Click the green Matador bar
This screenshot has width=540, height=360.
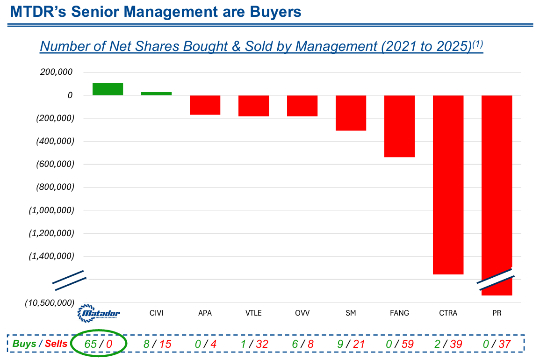[108, 89]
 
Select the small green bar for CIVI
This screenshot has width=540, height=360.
[156, 94]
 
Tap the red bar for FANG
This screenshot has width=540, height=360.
[399, 126]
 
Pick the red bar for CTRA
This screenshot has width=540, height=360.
[448, 185]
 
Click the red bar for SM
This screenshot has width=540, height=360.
[351, 113]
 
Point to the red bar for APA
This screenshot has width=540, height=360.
[205, 105]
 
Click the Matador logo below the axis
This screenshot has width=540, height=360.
[99, 313]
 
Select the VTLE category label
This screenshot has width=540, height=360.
[253, 313]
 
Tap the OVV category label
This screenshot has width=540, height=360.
[302, 313]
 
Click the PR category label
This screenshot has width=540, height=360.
[497, 313]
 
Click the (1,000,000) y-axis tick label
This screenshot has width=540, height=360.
[51, 210]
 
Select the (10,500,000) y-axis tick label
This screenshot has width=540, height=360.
[50, 303]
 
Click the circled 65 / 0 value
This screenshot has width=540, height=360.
[98, 344]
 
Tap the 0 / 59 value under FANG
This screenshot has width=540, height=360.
[400, 344]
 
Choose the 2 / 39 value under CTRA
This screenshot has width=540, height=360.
[448, 344]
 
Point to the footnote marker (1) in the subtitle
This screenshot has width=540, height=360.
[477, 44]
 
